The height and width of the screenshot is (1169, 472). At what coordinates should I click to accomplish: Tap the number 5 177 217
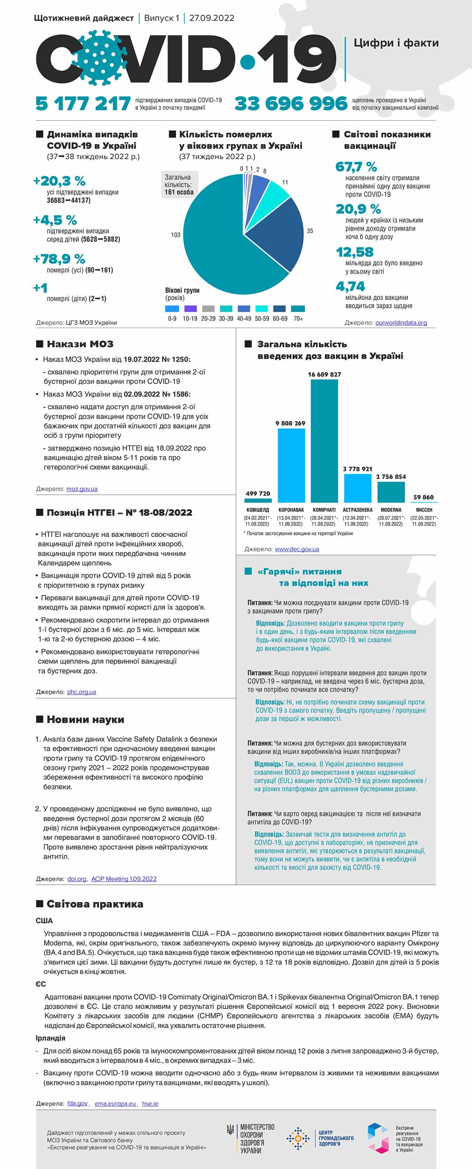pyautogui.click(x=83, y=104)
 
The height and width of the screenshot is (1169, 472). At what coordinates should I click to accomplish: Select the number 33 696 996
pyautogui.click(x=291, y=104)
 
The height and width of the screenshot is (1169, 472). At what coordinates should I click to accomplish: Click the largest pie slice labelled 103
pyautogui.click(x=218, y=254)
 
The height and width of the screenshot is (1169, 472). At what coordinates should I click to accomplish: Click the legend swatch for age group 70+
pyautogui.click(x=298, y=309)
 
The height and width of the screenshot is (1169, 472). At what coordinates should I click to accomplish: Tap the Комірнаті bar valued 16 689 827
pyautogui.click(x=324, y=440)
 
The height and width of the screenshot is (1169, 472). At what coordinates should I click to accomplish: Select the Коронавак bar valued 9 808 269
pyautogui.click(x=291, y=465)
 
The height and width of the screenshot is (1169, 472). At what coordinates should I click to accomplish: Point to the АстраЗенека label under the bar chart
pyautogui.click(x=357, y=510)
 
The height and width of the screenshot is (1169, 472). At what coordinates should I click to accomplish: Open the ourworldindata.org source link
pyautogui.click(x=401, y=323)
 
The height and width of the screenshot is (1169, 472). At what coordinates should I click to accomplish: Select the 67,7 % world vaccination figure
pyautogui.click(x=356, y=167)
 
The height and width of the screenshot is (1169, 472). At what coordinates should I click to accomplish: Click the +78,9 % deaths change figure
pyautogui.click(x=60, y=259)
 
